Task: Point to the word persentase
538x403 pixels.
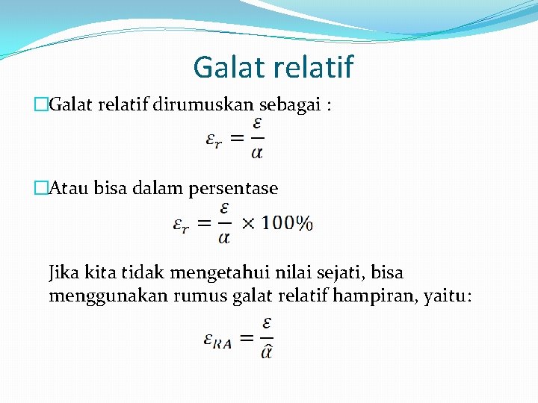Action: (233, 189)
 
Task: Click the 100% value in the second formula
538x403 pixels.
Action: (288, 223)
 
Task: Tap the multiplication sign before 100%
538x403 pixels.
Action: (248, 223)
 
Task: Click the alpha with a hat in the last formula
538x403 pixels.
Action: (267, 349)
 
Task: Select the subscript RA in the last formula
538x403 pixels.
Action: (223, 343)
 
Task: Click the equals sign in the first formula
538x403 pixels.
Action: (236, 137)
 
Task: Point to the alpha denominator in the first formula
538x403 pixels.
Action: (256, 153)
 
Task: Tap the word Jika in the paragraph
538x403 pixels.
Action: (64, 272)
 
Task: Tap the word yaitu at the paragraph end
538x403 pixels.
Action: (447, 296)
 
